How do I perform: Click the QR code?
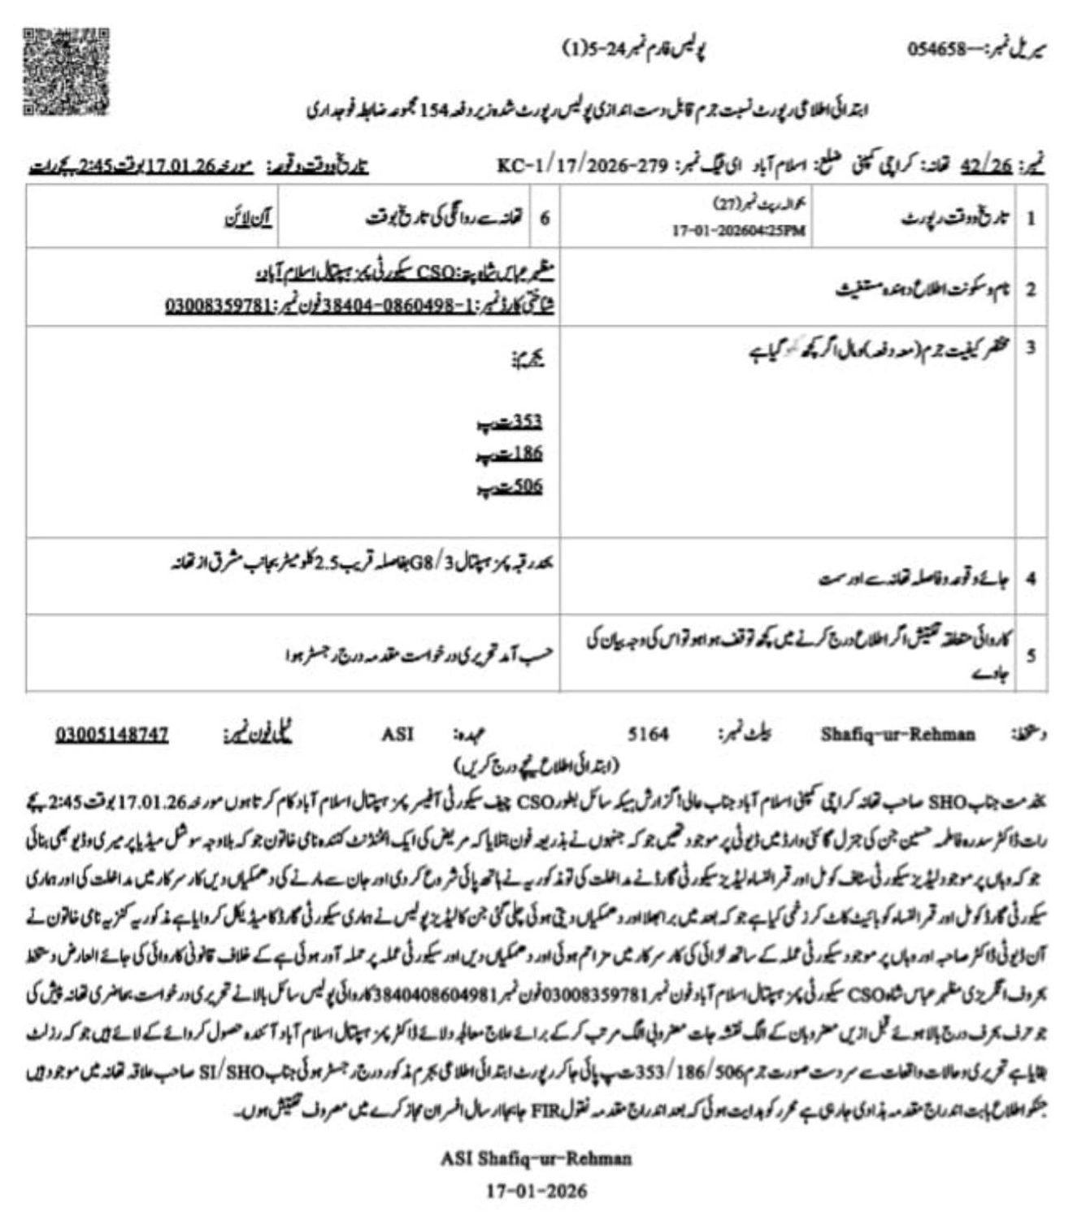(65, 72)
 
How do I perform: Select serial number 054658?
(936, 50)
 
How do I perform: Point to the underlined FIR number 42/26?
(986, 166)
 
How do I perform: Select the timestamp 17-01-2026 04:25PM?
(739, 231)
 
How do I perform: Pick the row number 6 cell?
(545, 218)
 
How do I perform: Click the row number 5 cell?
(1030, 654)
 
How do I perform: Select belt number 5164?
(648, 735)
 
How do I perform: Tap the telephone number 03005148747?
(112, 735)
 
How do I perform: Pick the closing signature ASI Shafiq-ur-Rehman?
(536, 1158)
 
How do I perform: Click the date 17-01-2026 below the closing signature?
(536, 1191)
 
